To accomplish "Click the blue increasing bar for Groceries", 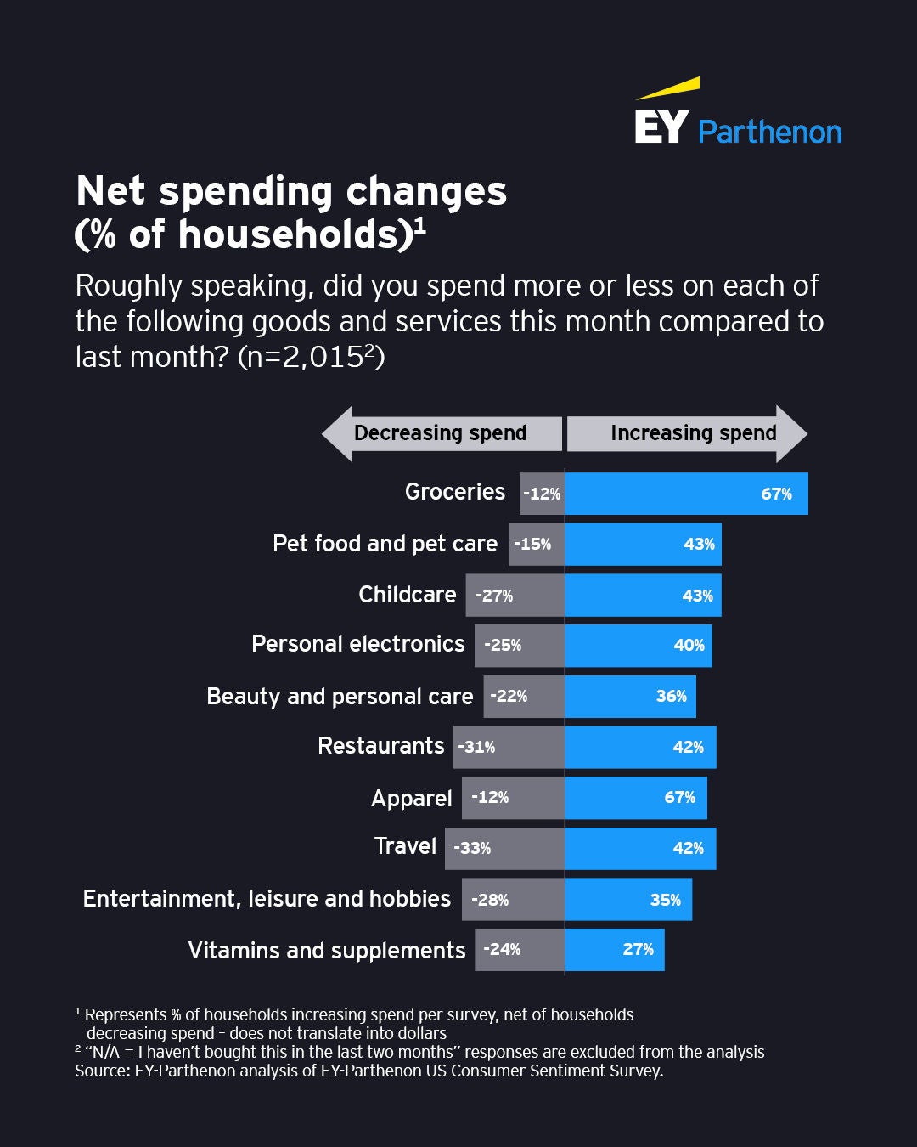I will [x=686, y=494].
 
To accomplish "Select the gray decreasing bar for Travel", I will [x=504, y=848].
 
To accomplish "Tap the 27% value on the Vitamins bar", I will [x=638, y=949].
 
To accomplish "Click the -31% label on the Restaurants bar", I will [x=476, y=747].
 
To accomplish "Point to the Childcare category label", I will [x=407, y=594].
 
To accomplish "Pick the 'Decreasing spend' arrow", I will [x=441, y=433].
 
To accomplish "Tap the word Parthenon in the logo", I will [x=769, y=133].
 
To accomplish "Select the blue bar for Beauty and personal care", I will [x=630, y=696].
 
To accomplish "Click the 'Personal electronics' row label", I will [x=357, y=644].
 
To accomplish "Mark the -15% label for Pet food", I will [x=532, y=544].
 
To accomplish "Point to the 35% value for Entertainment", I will [x=665, y=900].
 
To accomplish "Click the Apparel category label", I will [x=411, y=799].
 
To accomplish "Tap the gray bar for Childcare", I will [x=515, y=595].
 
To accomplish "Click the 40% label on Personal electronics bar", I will [x=689, y=645].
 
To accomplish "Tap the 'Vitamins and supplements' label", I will [x=326, y=950].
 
